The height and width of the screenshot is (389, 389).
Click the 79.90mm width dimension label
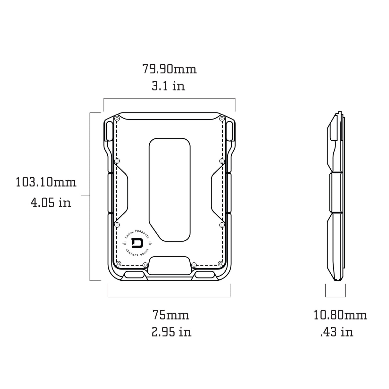(169, 69)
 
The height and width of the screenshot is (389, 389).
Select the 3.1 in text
(168, 86)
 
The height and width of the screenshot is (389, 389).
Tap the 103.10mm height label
(46, 182)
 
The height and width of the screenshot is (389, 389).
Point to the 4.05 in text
(51, 203)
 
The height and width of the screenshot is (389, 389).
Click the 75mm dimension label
(171, 315)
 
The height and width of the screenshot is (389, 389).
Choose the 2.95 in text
(171, 332)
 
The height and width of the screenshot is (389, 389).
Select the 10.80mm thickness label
(340, 315)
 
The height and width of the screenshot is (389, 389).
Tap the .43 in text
(336, 332)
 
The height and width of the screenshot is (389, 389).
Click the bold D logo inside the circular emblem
(137, 243)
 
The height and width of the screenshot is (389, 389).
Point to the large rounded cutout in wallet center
(170, 189)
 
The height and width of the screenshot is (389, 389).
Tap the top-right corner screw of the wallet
(222, 119)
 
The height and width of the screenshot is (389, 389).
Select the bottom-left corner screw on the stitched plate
(118, 264)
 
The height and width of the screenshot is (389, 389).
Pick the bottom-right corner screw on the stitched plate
(220, 263)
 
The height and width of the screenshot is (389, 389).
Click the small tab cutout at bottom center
(170, 265)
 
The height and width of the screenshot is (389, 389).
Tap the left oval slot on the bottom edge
(134, 275)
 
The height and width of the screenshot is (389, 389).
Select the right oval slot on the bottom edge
(205, 275)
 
